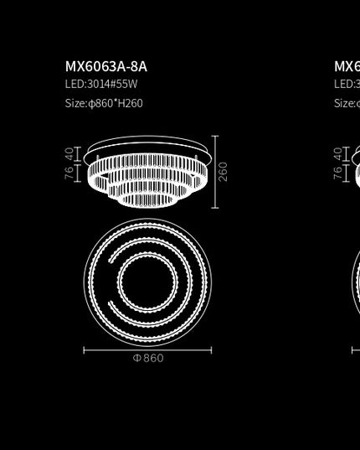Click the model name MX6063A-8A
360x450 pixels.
tap(105, 66)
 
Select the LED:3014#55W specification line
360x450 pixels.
tap(100, 85)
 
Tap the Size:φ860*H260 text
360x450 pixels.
tap(104, 103)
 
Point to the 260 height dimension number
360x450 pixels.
tap(224, 171)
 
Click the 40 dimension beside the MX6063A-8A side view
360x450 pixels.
tap(69, 154)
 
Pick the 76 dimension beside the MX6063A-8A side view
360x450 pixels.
tap(69, 173)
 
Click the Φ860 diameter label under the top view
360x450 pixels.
tap(148, 359)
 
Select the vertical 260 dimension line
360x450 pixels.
tap(215, 171)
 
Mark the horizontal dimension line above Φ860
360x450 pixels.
tap(147, 350)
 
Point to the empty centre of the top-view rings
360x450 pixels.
tap(147, 281)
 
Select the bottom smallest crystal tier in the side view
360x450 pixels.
tap(147, 199)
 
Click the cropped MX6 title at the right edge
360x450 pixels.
tap(347, 66)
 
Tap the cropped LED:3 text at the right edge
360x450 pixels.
tap(347, 85)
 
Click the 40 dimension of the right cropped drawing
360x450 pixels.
tap(337, 154)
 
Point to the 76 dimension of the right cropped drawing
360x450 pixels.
tap(337, 173)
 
